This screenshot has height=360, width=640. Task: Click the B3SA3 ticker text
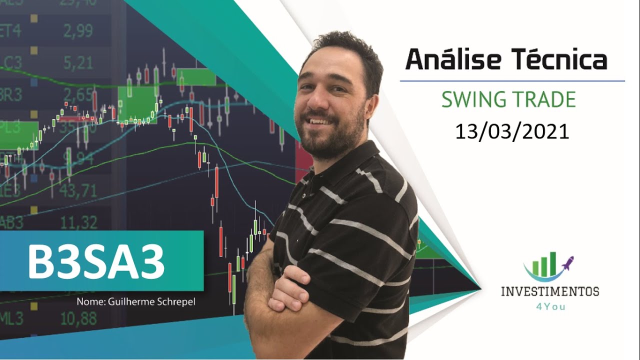click(x=96, y=262)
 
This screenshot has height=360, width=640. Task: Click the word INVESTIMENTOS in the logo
click(x=550, y=291)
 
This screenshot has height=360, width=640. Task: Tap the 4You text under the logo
click(x=549, y=306)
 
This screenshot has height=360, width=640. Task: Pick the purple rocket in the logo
click(x=567, y=262)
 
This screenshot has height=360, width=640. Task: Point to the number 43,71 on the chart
click(x=78, y=190)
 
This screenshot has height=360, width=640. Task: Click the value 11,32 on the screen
click(x=78, y=222)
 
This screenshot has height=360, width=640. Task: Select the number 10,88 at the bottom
click(x=78, y=318)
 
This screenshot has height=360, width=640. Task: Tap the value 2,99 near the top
click(x=78, y=31)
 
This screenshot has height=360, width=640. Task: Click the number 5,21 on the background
click(x=78, y=63)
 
